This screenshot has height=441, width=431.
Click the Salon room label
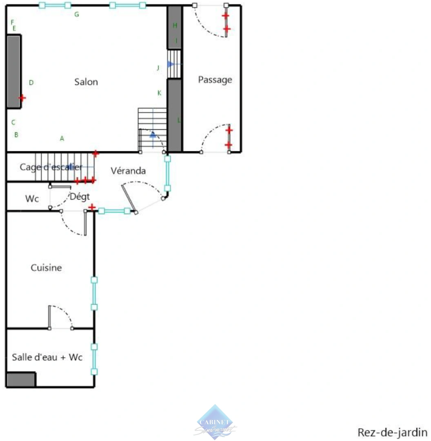tap(86, 82)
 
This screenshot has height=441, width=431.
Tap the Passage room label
tap(215, 80)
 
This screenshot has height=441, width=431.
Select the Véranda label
tap(128, 171)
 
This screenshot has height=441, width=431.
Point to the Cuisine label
tap(46, 268)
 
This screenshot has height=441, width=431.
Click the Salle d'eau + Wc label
tap(47, 357)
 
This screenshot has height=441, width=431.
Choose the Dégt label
tap(80, 197)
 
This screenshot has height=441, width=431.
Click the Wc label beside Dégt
tap(32, 199)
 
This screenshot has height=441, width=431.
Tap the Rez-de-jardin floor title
tap(392, 432)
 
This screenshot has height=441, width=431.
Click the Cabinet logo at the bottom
tap(215, 423)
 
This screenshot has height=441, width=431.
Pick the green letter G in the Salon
tap(76, 15)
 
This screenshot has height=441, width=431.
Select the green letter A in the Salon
tap(62, 138)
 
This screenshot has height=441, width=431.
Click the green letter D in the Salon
tap(31, 83)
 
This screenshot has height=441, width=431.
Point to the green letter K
tap(159, 93)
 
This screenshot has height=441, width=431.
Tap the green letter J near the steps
tap(158, 68)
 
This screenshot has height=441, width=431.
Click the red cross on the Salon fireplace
tap(22, 98)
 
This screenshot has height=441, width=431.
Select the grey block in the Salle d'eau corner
tap(21, 379)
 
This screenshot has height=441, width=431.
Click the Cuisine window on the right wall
tap(94, 294)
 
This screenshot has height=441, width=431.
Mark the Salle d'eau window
tap(94, 359)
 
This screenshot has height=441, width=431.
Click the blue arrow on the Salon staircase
tap(153, 134)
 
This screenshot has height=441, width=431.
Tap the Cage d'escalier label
tap(51, 167)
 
